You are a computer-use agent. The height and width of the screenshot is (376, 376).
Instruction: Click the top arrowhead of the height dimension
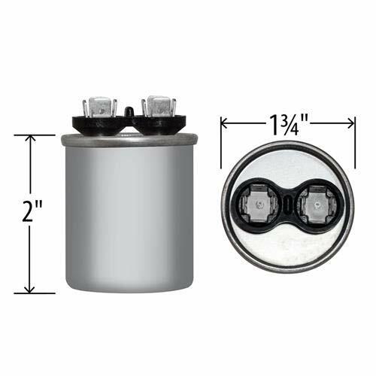tap(30, 139)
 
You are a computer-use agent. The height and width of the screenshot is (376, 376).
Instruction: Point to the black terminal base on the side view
tap(128, 125)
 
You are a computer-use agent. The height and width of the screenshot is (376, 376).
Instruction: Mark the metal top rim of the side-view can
tap(128, 138)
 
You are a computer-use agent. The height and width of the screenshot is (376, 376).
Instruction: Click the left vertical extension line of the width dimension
tap(220, 143)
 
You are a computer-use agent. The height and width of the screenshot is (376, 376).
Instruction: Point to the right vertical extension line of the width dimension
tap(355, 143)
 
